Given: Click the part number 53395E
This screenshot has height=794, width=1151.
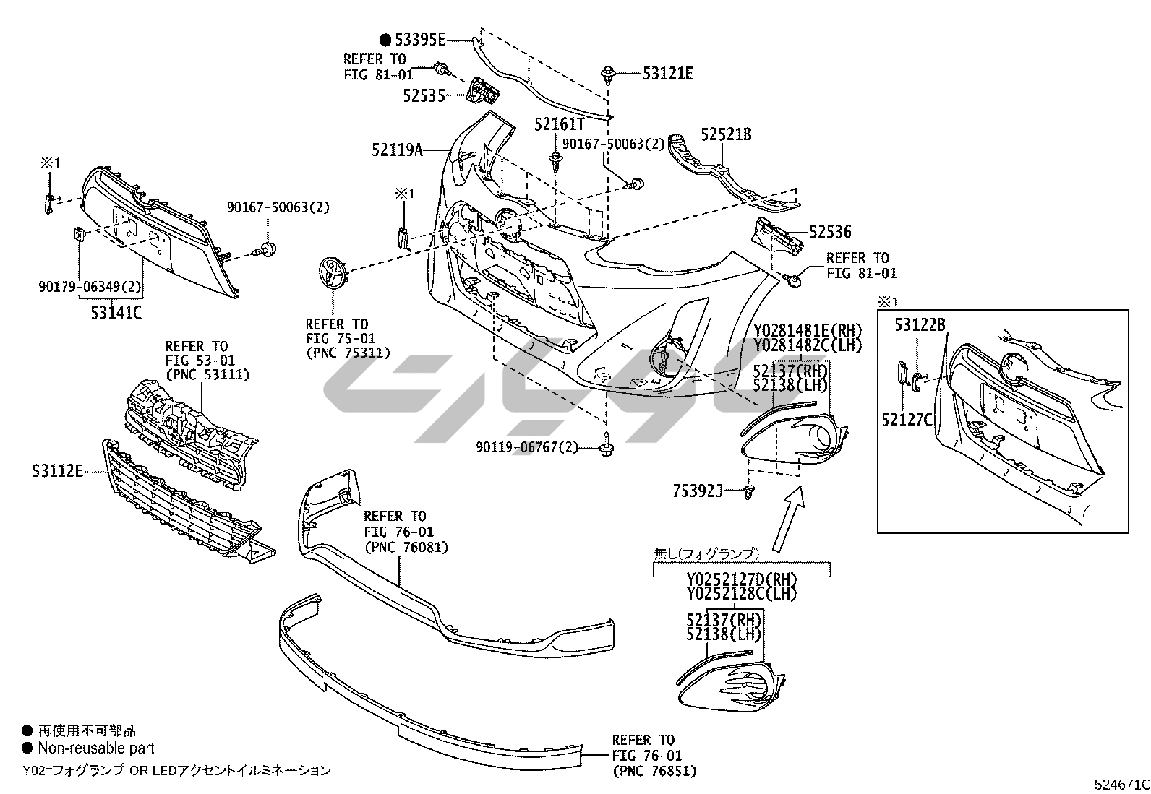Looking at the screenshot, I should click(419, 40).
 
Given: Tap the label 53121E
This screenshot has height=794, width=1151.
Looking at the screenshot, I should click(667, 73).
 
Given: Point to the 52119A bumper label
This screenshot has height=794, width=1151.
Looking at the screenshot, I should click(397, 150).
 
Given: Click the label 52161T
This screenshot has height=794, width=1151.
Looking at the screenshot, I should click(559, 124).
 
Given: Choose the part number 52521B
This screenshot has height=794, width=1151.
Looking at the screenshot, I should click(726, 134).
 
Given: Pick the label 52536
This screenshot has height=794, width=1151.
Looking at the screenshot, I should click(830, 232).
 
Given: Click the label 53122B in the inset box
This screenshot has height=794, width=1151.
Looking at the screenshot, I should click(920, 325).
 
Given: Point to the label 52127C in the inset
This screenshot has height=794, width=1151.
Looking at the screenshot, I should click(907, 419).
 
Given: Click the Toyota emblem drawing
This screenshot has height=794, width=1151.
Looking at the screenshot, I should click(332, 275).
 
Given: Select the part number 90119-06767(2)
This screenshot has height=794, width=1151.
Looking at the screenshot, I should click(527, 448).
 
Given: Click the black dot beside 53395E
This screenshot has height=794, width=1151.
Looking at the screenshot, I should click(385, 40).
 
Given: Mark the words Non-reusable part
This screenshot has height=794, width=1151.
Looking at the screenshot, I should click(96, 748).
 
